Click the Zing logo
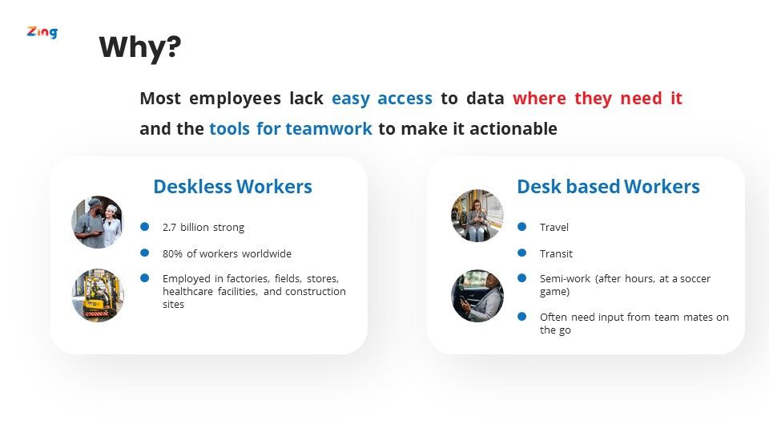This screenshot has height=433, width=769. coord(42,32)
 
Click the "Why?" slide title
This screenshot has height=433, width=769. coord(140,47)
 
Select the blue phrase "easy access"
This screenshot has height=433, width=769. coord(382,99)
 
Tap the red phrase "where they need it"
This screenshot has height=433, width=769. coord(598,99)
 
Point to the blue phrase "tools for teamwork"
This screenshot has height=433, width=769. coord(291,128)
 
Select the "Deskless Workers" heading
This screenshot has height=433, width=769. coord(233,187)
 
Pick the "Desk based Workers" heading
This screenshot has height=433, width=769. coord(609,187)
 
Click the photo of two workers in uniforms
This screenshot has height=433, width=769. coord(98,222)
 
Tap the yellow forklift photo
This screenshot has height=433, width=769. coord(98,295)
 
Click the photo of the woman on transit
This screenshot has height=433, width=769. coord(477,216)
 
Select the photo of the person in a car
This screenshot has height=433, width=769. coord(477,296)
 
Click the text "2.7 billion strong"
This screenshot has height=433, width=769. coord(203,227)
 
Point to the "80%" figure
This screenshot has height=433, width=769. coord(173,254)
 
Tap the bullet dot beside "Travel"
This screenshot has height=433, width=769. coord(521,227)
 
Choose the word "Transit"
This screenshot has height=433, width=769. coord(556,254)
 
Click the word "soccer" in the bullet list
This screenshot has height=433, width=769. coord(695,279)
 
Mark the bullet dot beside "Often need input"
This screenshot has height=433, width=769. coord(521,317)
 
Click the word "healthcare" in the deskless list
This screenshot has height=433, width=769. coord(187,292)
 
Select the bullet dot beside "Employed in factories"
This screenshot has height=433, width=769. coord(145,278)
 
